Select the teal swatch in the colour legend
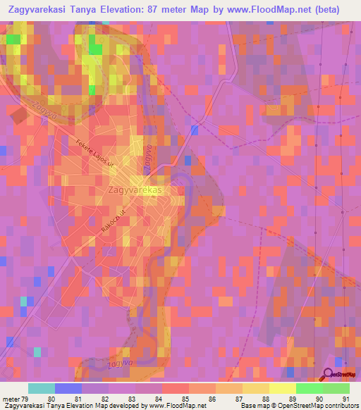[x=41, y=388]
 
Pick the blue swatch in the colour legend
[x=68, y=388]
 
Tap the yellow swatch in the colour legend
[x=282, y=388]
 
